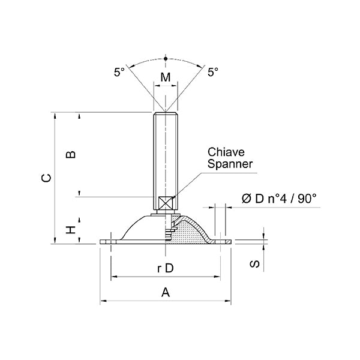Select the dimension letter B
70,154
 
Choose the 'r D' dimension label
165,268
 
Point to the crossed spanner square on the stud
165,202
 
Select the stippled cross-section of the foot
191,233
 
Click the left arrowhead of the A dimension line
102,300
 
